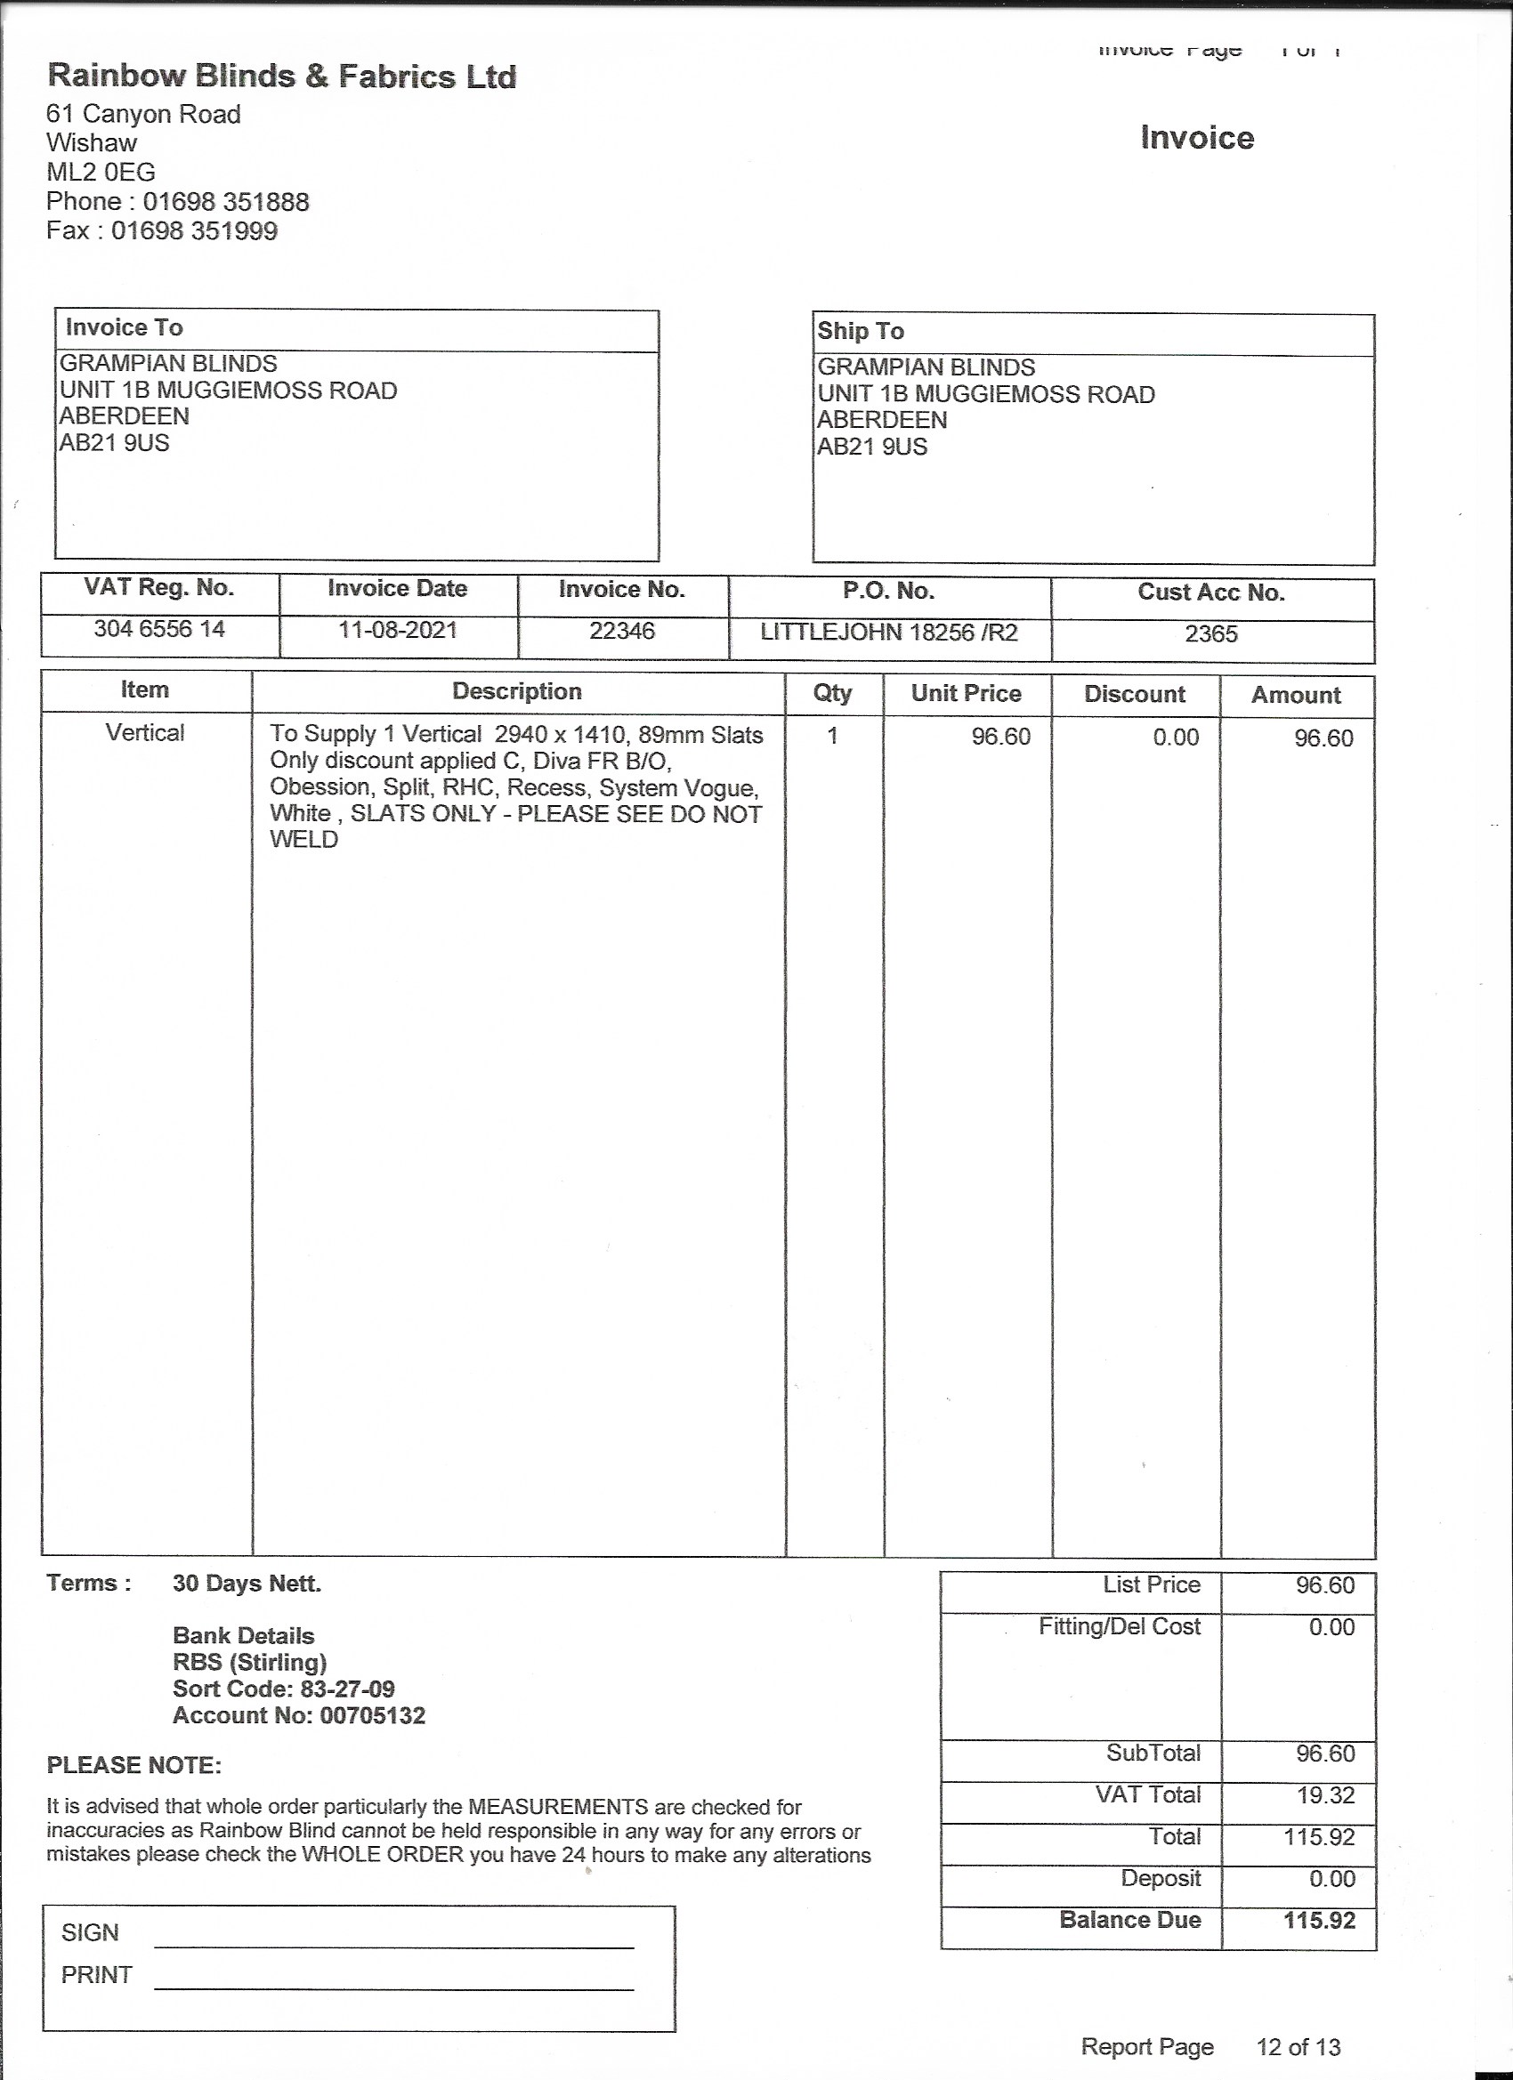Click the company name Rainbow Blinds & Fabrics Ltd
click(281, 77)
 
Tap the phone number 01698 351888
click(226, 202)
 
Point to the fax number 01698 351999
click(194, 230)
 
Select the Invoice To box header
click(124, 327)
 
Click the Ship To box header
click(861, 331)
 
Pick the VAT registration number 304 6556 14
click(159, 629)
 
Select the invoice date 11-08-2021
click(397, 630)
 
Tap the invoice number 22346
click(622, 631)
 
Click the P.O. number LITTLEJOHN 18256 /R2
click(889, 633)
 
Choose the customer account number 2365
click(1211, 634)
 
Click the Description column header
click(516, 691)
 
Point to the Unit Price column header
click(967, 693)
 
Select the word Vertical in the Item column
click(145, 733)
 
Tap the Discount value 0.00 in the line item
click(1176, 738)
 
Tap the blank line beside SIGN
click(394, 1945)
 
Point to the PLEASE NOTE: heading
click(134, 1765)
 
